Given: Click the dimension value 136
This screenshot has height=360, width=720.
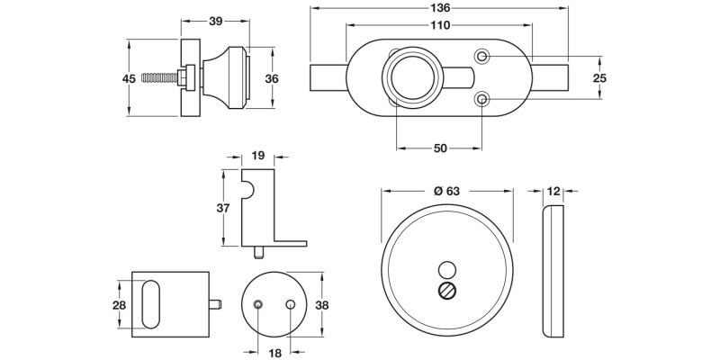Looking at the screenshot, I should [440, 8].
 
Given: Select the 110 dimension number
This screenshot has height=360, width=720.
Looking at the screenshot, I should [439, 26].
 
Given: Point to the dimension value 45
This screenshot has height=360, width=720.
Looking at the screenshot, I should [129, 78].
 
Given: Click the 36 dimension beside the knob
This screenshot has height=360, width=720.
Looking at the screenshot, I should [272, 78].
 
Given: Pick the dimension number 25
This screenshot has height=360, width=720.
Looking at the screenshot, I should [600, 78].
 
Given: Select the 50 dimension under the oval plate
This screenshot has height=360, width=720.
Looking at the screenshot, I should [440, 148].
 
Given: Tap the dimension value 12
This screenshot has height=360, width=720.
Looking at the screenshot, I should [553, 191].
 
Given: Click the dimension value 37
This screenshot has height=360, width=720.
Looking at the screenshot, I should [224, 208].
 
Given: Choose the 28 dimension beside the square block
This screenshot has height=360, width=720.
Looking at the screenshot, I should [120, 306].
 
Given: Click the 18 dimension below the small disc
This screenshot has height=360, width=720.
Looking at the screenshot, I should [274, 353].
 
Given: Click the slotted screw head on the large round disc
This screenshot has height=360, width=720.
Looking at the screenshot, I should [445, 290].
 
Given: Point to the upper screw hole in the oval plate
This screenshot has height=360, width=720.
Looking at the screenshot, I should [483, 58].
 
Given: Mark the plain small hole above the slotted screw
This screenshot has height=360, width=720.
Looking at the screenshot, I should [445, 268].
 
